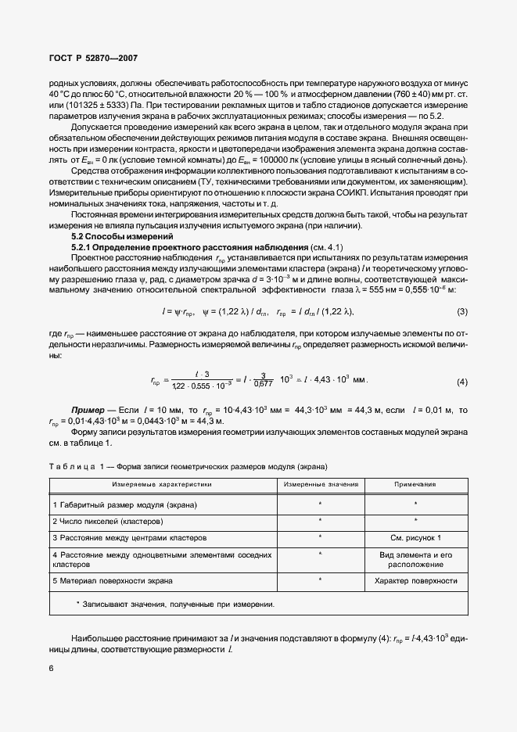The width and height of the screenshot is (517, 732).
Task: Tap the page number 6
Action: pos(52,668)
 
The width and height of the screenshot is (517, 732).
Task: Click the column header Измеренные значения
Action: pos(321,485)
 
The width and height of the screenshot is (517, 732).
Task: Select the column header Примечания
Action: pos(415,485)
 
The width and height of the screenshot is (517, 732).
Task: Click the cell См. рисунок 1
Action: pos(415,537)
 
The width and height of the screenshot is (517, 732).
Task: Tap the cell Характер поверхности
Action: pos(415,581)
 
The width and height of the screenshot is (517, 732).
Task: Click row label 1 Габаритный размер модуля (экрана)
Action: pos(124,504)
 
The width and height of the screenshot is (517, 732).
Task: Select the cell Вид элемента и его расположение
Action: pos(415,559)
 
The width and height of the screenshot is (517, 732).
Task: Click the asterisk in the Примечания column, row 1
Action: pos(415,504)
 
